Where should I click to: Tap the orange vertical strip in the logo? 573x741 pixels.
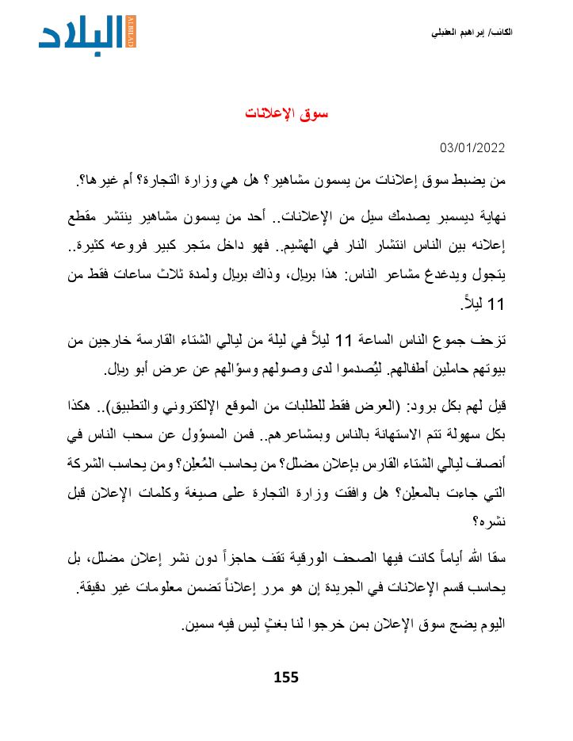click(131, 31)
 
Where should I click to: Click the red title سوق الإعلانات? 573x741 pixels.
click(286, 113)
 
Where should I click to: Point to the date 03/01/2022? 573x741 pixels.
click(472, 148)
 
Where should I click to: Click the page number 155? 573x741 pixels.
click(285, 677)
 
